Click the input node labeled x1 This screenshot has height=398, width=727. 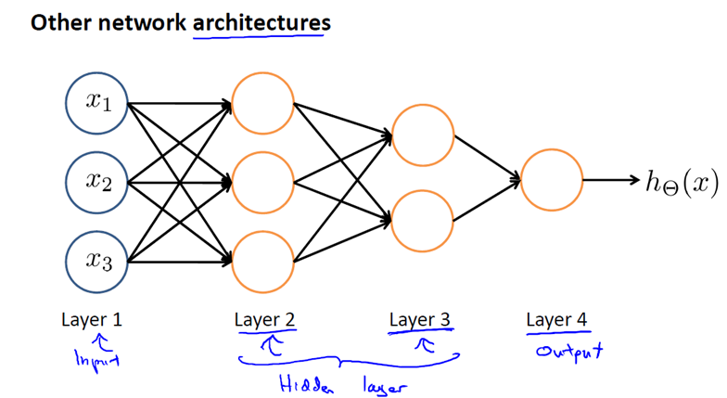pyautogui.click(x=96, y=101)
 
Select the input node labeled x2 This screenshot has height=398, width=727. pyautogui.click(x=96, y=181)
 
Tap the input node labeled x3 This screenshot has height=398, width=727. pyautogui.click(x=96, y=261)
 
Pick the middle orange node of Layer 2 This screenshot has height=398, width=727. pyautogui.click(x=263, y=181)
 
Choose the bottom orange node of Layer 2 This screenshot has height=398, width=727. pyautogui.click(x=263, y=261)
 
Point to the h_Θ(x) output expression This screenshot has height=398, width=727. pyautogui.click(x=682, y=181)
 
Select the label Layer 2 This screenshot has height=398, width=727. pyautogui.click(x=265, y=320)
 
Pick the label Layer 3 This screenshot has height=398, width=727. pyautogui.click(x=420, y=320)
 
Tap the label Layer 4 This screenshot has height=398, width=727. pyautogui.click(x=556, y=320)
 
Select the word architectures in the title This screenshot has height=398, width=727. pyautogui.click(x=261, y=22)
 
